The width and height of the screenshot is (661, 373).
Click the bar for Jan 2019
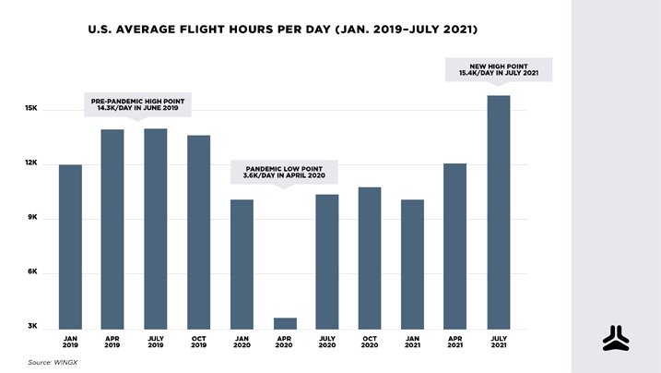pyautogui.click(x=70, y=246)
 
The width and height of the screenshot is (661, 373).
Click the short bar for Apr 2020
pyautogui.click(x=284, y=323)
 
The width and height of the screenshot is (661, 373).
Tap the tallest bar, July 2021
pyautogui.click(x=498, y=211)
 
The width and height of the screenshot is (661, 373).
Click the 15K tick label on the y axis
pyautogui.click(x=30, y=109)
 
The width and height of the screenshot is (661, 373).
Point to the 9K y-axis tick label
pyautogui.click(x=31, y=218)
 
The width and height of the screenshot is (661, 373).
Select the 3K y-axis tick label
pyautogui.click(x=31, y=327)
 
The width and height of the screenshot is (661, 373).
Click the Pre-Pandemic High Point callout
pyautogui.click(x=138, y=104)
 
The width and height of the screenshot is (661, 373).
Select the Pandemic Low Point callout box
pyautogui.click(x=284, y=172)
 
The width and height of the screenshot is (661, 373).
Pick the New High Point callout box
pyautogui.click(x=499, y=69)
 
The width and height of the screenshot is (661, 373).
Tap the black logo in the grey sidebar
pyautogui.click(x=615, y=339)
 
